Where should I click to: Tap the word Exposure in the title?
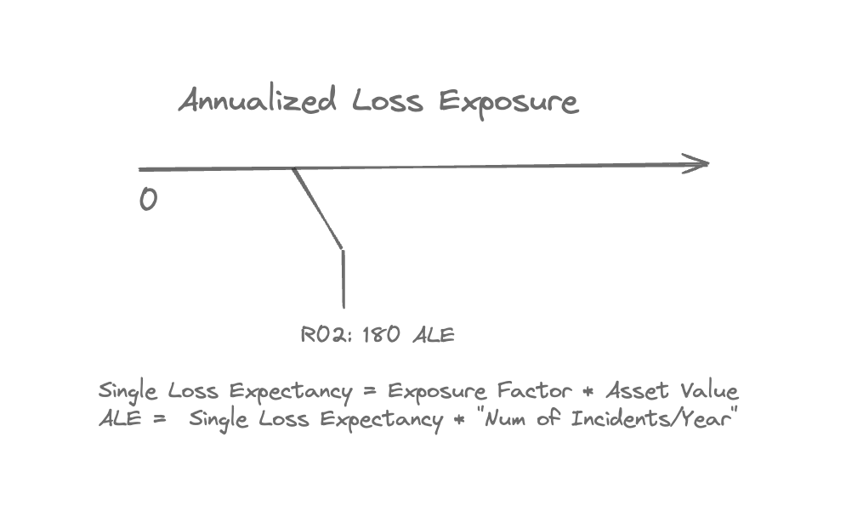508,103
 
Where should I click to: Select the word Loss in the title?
388,100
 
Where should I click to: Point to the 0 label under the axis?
149,200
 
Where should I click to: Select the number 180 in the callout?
382,334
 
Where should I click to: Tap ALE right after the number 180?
434,335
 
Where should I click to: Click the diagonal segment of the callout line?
318,208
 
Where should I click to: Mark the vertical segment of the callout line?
344,279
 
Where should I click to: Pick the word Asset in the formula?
637,390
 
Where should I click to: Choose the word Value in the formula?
709,390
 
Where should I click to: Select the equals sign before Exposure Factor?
370,391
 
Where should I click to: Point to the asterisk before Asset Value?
588,391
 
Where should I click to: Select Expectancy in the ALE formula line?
382,420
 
